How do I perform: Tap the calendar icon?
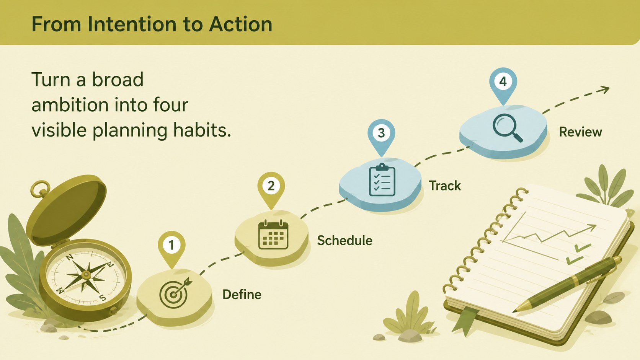[x=273, y=235]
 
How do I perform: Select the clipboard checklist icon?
[x=382, y=180]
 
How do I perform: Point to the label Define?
[x=242, y=295]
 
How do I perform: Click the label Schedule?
[x=344, y=240]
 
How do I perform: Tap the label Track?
[x=445, y=186]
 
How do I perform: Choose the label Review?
[x=580, y=132]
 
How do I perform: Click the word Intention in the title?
[x=132, y=24]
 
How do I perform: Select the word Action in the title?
[x=240, y=24]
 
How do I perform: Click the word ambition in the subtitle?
[x=70, y=105]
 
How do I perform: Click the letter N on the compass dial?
[x=69, y=258]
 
